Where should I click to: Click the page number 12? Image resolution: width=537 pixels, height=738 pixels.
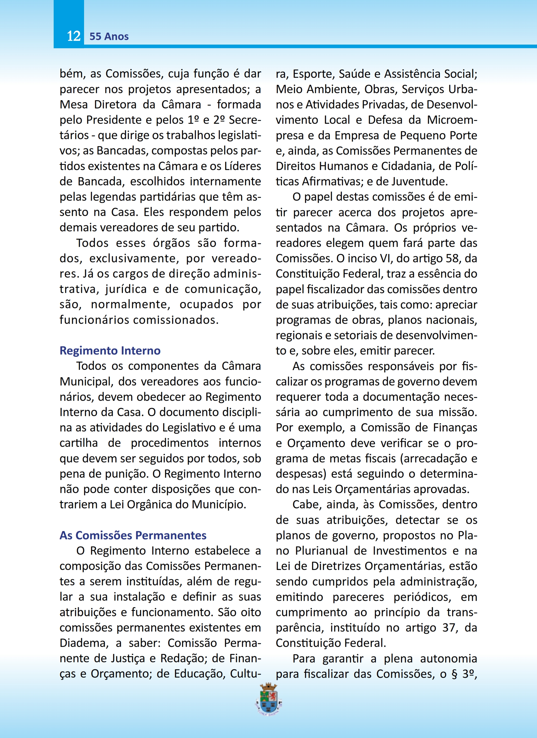click(x=74, y=36)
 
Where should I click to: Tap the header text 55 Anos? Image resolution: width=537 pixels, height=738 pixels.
click(x=109, y=36)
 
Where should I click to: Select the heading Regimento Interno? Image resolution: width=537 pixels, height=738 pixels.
click(x=110, y=351)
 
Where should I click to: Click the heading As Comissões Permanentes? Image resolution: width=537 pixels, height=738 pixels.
click(x=133, y=535)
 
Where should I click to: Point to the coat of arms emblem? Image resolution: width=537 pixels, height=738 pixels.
click(x=269, y=699)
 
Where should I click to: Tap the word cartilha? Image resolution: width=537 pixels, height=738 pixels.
click(x=78, y=443)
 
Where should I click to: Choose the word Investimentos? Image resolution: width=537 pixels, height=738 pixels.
click(x=410, y=551)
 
